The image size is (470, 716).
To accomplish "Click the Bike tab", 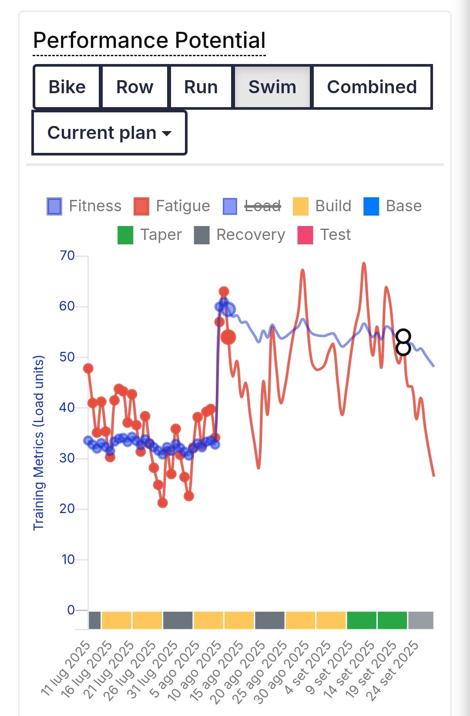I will tap(67, 87).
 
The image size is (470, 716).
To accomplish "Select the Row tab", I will tap(134, 87).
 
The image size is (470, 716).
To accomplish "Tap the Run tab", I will tap(201, 87).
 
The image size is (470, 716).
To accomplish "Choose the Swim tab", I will tap(272, 87).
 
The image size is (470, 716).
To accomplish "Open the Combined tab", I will tap(372, 87).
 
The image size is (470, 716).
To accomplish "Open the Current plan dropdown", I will tap(109, 132).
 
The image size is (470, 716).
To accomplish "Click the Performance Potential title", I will tap(149, 41).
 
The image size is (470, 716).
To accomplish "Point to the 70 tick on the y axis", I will tap(67, 255).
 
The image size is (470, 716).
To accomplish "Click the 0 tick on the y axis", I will tap(71, 610).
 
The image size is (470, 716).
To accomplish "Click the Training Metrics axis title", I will tap(39, 442).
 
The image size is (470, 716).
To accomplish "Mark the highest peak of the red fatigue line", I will tap(364, 263).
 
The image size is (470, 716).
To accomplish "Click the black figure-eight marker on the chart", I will tap(403, 342).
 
